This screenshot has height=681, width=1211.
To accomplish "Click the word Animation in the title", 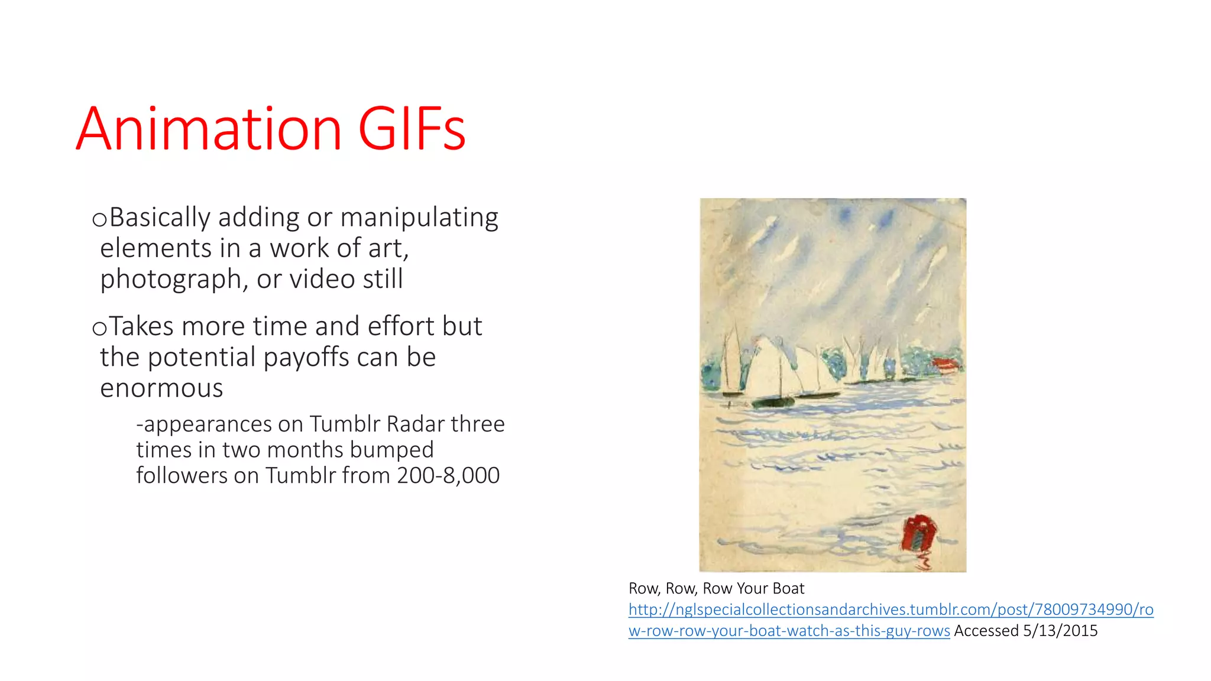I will tap(209, 129).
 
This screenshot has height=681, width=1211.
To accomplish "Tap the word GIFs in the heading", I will tap(412, 129).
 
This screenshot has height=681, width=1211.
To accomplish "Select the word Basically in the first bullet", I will tap(160, 218).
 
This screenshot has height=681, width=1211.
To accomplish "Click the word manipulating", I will tap(419, 218).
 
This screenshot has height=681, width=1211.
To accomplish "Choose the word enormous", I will tap(161, 388).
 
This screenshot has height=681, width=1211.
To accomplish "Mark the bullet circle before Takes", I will tap(99, 329).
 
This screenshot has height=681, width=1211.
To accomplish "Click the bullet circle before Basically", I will tap(99, 220).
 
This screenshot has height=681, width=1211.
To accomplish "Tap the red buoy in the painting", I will tap(918, 533).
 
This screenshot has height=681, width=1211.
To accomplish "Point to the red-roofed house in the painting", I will tap(945, 364).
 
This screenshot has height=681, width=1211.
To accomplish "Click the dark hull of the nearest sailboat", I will tap(773, 403).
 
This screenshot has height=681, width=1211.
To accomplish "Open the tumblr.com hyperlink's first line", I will tap(891, 609).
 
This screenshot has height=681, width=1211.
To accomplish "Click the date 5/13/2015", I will tap(1060, 631).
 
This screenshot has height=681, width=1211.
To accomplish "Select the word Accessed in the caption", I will tap(986, 631).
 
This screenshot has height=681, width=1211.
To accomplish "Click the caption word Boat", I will tap(788, 588).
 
